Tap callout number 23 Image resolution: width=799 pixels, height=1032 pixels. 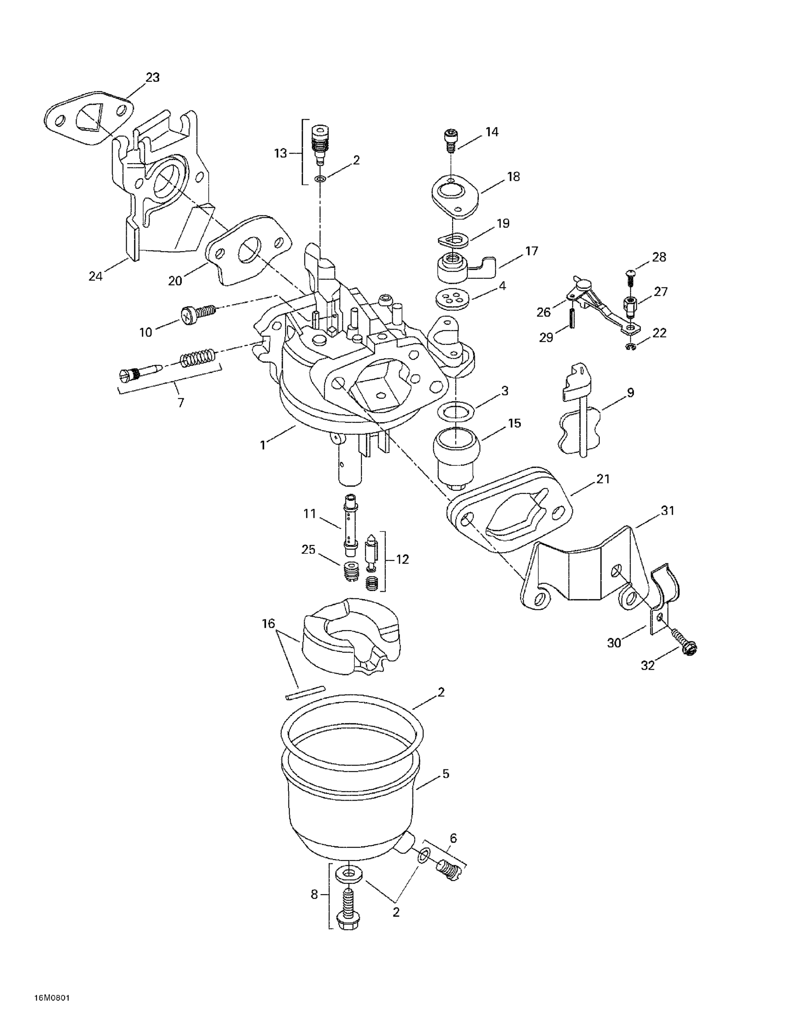[152, 77]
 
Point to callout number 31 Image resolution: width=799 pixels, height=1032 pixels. [668, 510]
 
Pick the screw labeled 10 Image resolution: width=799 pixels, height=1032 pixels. [198, 313]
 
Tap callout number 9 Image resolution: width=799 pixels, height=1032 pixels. [630, 393]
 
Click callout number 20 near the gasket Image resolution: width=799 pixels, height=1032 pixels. [175, 281]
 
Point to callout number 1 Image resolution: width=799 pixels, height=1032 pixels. [263, 445]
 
